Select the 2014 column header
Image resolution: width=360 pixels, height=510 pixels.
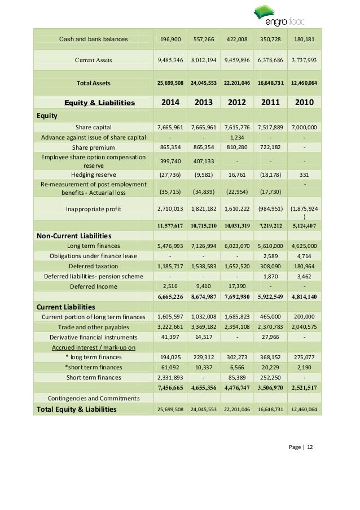pyautogui.click(x=172, y=102)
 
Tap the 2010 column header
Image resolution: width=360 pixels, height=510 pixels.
pyautogui.click(x=305, y=102)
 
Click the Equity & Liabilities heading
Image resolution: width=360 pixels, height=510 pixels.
pyautogui.click(x=100, y=102)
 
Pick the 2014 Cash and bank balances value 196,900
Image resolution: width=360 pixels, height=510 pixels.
pyautogui.click(x=172, y=39)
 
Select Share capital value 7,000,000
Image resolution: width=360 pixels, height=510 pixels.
pyautogui.click(x=305, y=127)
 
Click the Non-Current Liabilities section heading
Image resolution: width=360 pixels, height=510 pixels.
pyautogui.click(x=73, y=236)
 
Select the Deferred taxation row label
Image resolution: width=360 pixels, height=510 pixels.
pyautogui.click(x=94, y=265)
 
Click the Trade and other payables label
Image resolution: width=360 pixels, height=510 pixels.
pyautogui.click(x=94, y=326)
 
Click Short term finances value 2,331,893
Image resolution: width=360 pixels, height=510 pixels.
pyautogui.click(x=172, y=377)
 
